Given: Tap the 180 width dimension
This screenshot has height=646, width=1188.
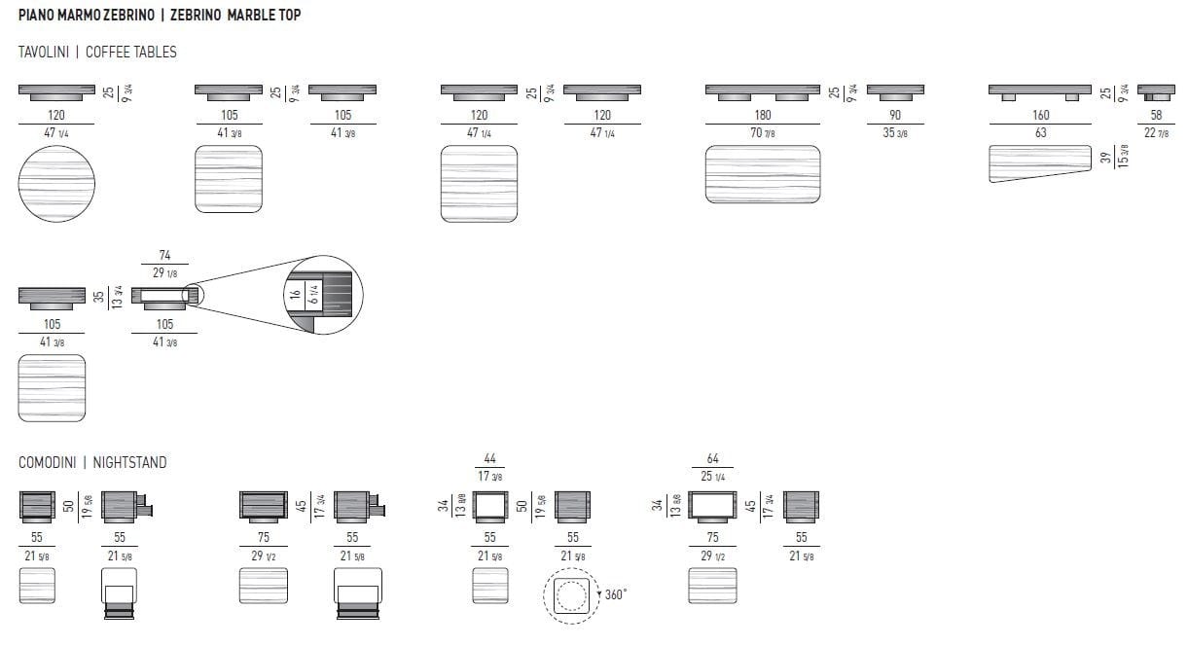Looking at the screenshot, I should click(763, 115).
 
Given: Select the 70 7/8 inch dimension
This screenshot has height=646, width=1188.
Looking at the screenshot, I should click(763, 133).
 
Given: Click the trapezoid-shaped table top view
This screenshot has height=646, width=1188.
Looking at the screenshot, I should click(1040, 163).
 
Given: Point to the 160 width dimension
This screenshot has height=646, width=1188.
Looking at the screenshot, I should click(1040, 115).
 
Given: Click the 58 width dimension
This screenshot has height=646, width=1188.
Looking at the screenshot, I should click(1157, 115).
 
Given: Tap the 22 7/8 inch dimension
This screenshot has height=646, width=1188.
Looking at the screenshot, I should click(1157, 133).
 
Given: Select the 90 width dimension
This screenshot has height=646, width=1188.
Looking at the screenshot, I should click(895, 115).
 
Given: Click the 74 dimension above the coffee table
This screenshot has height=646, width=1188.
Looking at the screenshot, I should click(164, 254).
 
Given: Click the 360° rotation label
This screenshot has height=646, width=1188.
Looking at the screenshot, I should click(614, 593).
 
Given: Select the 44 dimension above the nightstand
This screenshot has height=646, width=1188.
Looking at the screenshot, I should click(489, 458).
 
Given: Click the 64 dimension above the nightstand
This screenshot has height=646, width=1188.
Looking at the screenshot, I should click(713, 458).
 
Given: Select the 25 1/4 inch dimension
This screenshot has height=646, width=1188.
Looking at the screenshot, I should click(713, 477).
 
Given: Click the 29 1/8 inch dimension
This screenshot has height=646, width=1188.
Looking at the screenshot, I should click(164, 272).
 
